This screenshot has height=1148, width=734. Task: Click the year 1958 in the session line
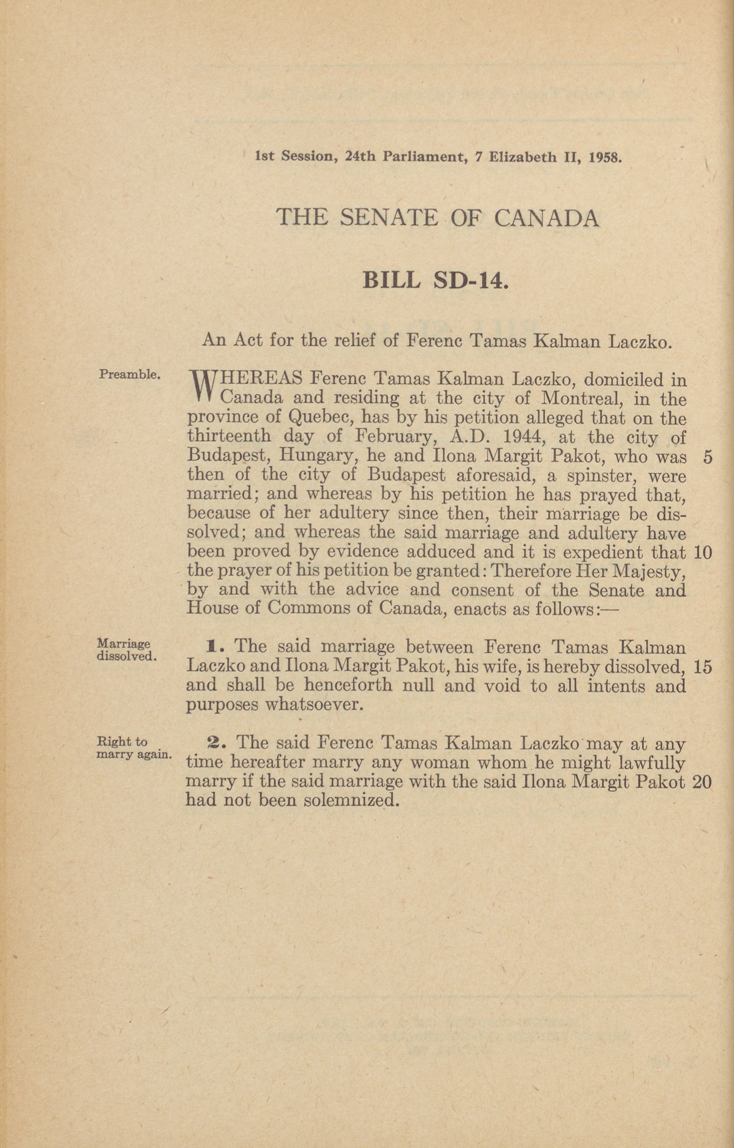(605, 157)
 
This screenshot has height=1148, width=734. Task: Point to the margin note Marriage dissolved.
(126, 650)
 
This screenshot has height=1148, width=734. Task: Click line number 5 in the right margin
(707, 457)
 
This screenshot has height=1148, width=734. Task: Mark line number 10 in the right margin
(703, 553)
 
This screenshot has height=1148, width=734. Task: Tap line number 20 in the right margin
(702, 782)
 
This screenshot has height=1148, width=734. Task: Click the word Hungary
(318, 457)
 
